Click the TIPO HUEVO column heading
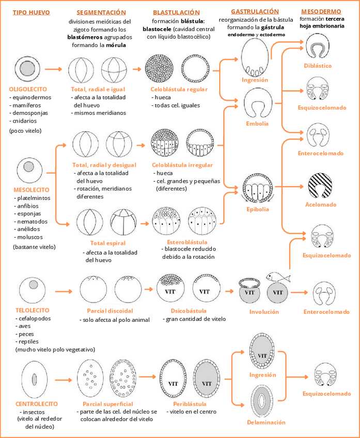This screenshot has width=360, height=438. click(33, 12)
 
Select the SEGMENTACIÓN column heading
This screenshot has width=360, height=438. click(101, 12)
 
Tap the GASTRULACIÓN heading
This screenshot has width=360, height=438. click(255, 11)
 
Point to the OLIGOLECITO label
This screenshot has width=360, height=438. click(29, 89)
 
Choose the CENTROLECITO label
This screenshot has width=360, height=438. click(37, 403)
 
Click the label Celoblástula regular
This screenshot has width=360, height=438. click(179, 89)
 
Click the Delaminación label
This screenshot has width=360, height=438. click(266, 422)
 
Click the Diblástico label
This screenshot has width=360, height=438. click(318, 66)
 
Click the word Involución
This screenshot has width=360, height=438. click(264, 311)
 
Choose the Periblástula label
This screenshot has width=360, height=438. click(190, 403)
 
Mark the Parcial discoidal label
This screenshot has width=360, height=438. click(110, 311)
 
